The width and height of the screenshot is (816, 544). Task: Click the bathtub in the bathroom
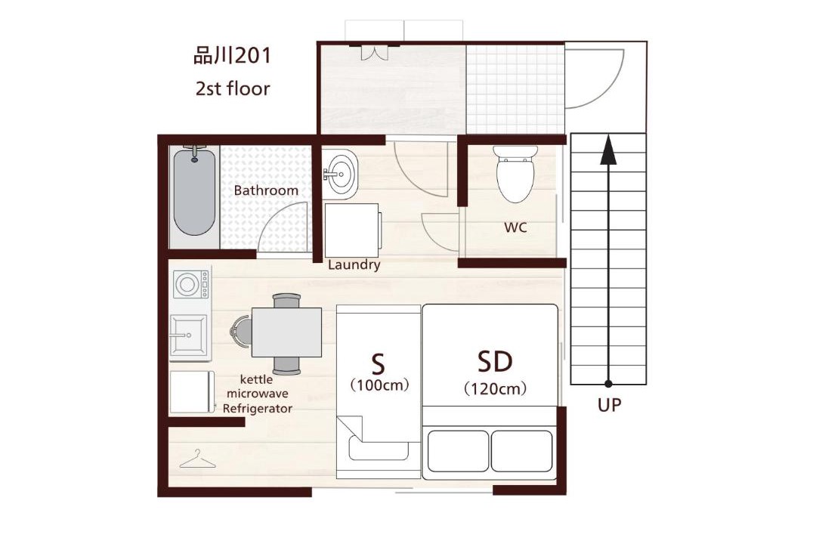(194, 192)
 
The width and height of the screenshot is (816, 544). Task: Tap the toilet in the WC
(515, 174)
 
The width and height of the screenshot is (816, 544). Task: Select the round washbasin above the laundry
(340, 174)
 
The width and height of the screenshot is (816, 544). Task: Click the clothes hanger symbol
(197, 459)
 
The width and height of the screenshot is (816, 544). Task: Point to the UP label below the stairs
(609, 405)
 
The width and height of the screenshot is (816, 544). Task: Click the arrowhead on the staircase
(607, 150)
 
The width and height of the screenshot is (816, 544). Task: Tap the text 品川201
(232, 56)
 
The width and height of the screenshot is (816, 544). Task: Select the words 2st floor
(233, 88)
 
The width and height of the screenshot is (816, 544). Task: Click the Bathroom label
(266, 190)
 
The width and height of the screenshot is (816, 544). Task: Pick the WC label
(515, 227)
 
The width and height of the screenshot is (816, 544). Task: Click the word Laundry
(354, 265)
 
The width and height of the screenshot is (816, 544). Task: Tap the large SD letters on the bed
(495, 361)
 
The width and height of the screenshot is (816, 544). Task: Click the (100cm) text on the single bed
(379, 386)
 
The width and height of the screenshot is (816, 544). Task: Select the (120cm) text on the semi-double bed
(495, 389)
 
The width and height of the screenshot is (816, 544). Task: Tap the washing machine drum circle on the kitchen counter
(187, 285)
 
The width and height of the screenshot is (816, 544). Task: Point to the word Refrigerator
(258, 409)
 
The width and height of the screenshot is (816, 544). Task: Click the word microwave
(257, 394)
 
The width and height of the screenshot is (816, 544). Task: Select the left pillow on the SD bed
(458, 451)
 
